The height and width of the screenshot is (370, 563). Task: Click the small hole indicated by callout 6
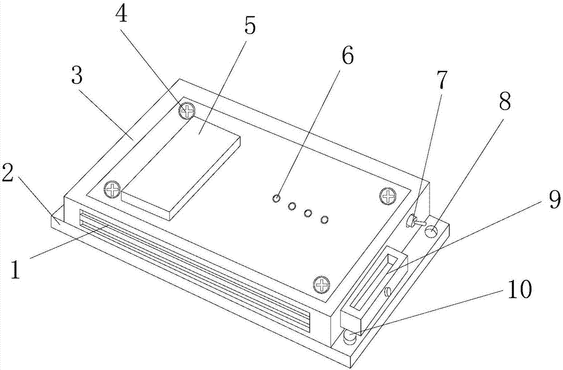tap(276, 198)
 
